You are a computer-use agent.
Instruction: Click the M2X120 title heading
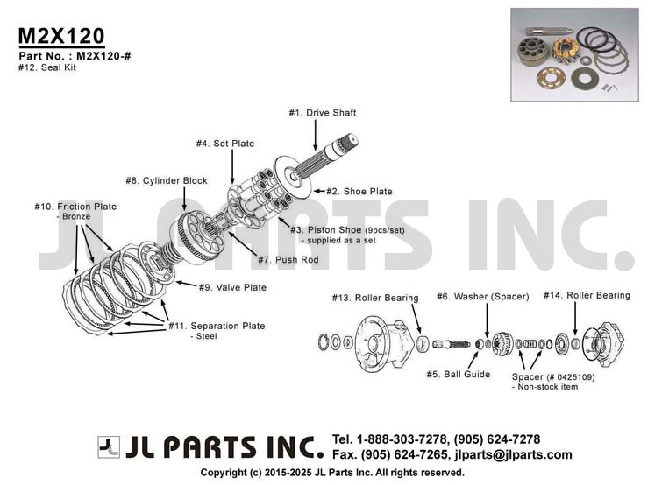coord(61,36)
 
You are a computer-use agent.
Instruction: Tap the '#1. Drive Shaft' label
coord(323,113)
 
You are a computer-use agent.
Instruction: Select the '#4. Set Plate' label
coord(225,144)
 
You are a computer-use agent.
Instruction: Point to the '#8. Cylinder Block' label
coord(167,180)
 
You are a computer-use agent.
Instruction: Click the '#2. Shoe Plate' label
coord(359,192)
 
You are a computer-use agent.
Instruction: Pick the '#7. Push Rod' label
coord(288,260)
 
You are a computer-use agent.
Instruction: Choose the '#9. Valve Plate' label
coord(232,288)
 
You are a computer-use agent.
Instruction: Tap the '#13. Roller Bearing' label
coord(375,298)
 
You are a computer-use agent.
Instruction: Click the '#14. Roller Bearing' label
coord(587,295)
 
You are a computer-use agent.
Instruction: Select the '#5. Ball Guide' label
coord(459,375)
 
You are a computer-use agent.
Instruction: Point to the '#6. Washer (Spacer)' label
coord(482,297)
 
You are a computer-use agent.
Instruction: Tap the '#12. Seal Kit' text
coord(47,67)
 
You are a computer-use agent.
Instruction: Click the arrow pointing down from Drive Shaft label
coord(316,135)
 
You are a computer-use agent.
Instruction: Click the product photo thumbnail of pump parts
coord(574,54)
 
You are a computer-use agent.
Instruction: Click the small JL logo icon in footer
coord(109,447)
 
